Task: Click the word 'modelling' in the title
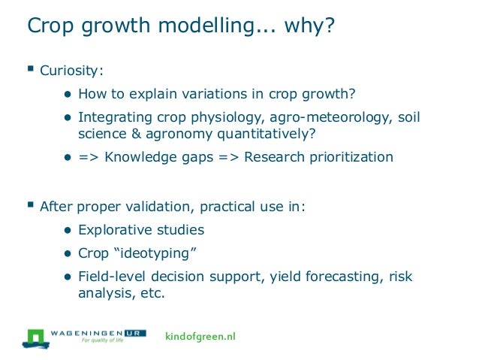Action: click(x=197, y=27)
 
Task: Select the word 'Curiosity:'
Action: click(x=71, y=72)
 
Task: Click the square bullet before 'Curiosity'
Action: click(x=31, y=71)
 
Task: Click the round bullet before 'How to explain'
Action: click(x=67, y=96)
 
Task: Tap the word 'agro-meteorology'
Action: click(x=304, y=118)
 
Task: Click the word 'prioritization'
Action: click(x=348, y=158)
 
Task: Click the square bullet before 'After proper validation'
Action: click(x=31, y=204)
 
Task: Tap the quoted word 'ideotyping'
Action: click(x=170, y=254)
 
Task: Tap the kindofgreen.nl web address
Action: click(x=200, y=336)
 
